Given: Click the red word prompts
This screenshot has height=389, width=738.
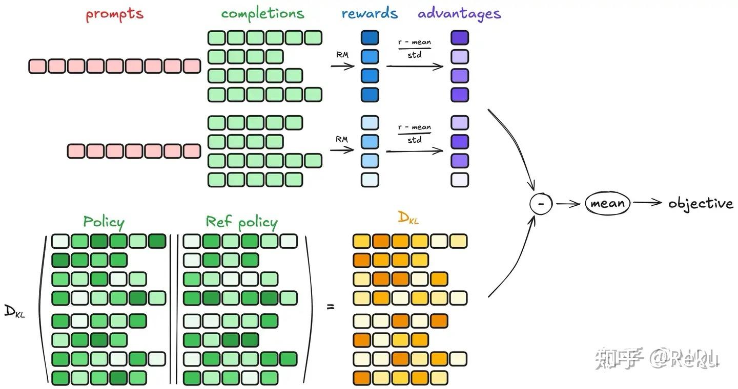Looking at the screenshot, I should click(x=114, y=14).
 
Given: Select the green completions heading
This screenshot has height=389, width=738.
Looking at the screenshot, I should click(x=262, y=14).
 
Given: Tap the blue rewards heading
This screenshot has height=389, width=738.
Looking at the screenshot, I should click(x=370, y=13).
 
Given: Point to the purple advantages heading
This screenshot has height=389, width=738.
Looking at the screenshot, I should click(x=459, y=14).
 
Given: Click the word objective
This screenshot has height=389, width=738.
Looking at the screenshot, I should click(x=701, y=204).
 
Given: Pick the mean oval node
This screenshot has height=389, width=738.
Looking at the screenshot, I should click(x=607, y=204).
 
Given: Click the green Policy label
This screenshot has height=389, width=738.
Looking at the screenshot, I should click(x=104, y=222).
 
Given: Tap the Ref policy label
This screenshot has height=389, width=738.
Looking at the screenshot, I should click(x=241, y=222).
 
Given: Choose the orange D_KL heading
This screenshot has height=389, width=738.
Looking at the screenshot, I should click(x=408, y=218).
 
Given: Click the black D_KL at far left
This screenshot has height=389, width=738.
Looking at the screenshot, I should click(x=14, y=311).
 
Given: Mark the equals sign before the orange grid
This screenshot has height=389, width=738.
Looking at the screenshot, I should click(x=331, y=307).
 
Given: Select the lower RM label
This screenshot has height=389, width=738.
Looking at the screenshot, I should click(x=341, y=139).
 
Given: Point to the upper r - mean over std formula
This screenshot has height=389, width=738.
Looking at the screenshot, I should click(x=415, y=48).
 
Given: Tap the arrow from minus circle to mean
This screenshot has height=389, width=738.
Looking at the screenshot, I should click(x=568, y=204).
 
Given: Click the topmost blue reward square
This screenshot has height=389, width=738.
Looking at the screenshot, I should click(x=370, y=37).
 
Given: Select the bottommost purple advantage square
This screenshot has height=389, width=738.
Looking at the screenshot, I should click(x=460, y=180).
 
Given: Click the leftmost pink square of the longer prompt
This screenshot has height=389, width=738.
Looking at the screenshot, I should click(x=37, y=66).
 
